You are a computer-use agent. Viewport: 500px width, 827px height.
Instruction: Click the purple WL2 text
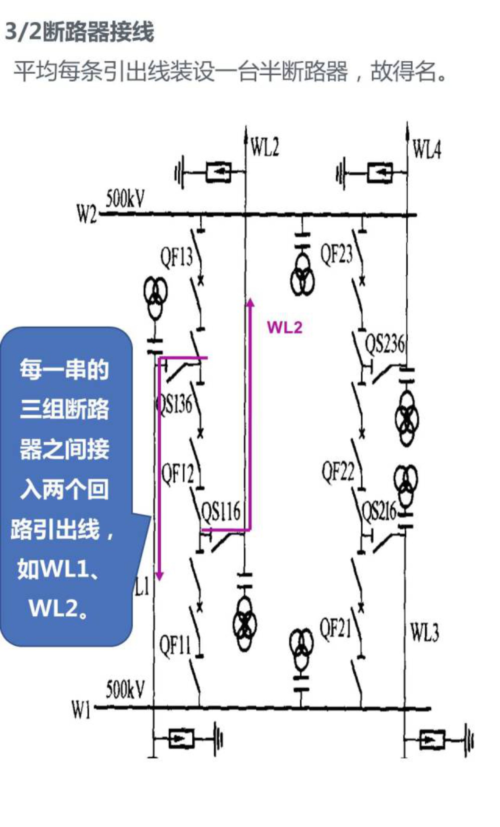pos(284,327)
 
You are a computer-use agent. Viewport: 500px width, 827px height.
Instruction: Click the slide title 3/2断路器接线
pos(79,32)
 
